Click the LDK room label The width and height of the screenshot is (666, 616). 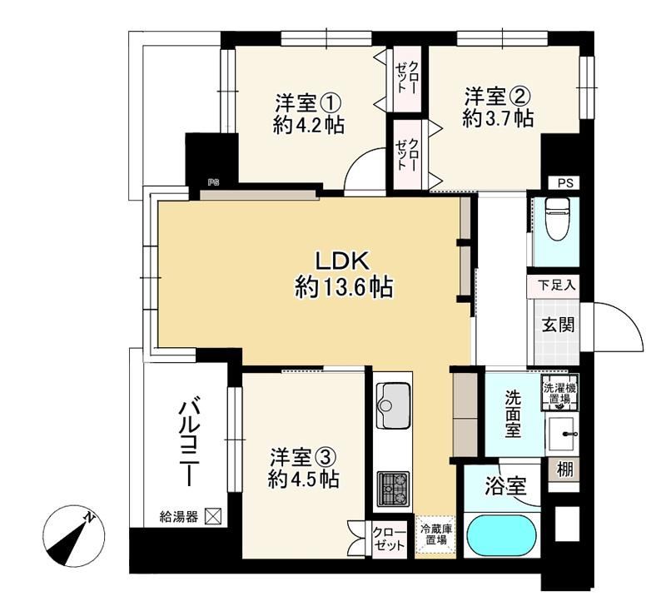pyautogui.click(x=342, y=261)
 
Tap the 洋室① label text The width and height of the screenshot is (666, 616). pyautogui.click(x=309, y=102)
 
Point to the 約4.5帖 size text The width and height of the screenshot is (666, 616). pyautogui.click(x=303, y=479)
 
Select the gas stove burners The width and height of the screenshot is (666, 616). pyautogui.click(x=393, y=488)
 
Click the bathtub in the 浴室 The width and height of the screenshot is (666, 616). pyautogui.click(x=502, y=536)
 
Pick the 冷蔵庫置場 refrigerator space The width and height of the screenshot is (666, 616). pyautogui.click(x=436, y=535)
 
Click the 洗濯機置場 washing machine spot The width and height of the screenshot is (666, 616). pyautogui.click(x=559, y=393)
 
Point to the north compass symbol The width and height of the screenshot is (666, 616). pyautogui.click(x=74, y=537)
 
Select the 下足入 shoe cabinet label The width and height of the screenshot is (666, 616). pyautogui.click(x=557, y=285)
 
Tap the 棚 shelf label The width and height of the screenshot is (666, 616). pyautogui.click(x=565, y=469)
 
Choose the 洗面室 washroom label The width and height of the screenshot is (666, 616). pyautogui.click(x=513, y=414)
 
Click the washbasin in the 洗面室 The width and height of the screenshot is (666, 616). pyautogui.click(x=560, y=434)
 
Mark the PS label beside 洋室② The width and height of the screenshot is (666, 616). pyautogui.click(x=565, y=183)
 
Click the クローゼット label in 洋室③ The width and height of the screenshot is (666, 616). pyautogui.click(x=389, y=539)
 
